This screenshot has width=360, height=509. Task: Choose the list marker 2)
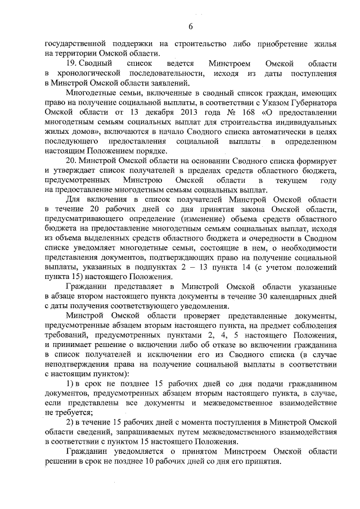click(71, 422)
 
